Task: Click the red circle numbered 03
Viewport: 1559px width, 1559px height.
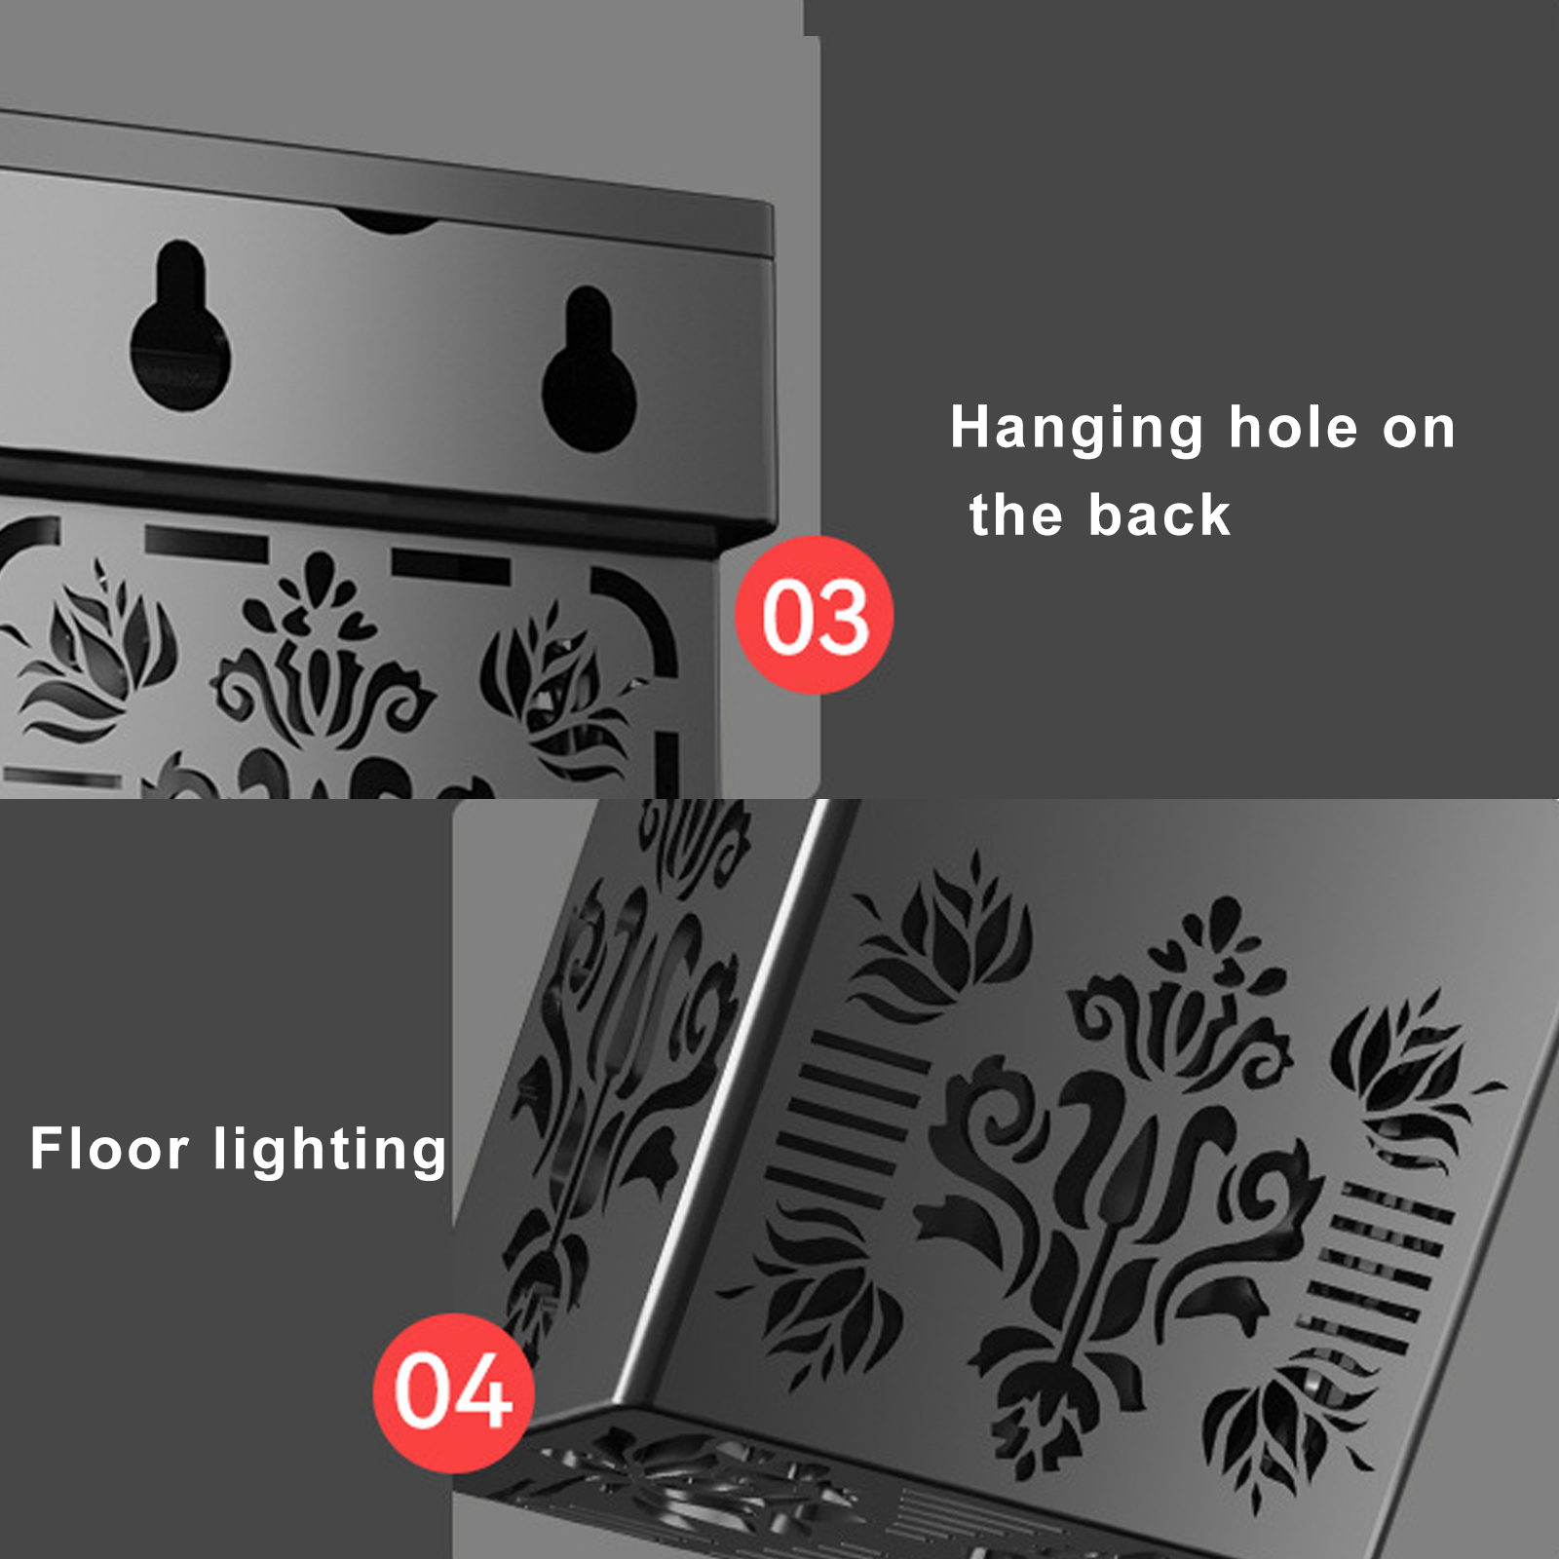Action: [x=814, y=615]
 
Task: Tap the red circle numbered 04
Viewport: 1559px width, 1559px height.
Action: [x=453, y=1392]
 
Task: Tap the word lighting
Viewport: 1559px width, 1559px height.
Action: [x=330, y=1151]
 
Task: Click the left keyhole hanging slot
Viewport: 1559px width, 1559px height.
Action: [x=180, y=327]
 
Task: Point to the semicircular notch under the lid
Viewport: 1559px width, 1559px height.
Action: [x=390, y=222]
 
